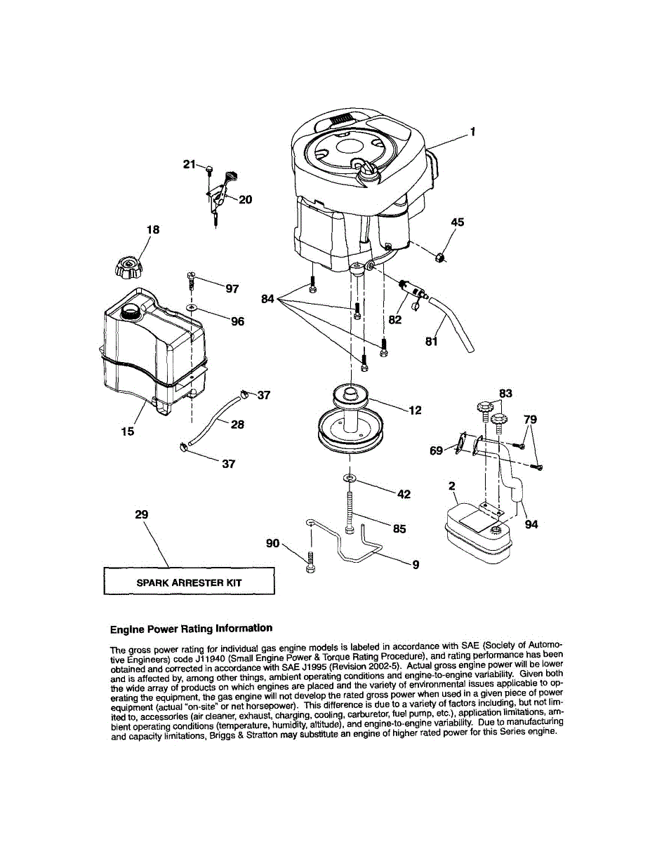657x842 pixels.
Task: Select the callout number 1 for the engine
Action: [473, 131]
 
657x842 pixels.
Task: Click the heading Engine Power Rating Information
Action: [191, 628]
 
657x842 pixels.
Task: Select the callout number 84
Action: [267, 299]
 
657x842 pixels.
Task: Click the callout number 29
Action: [141, 514]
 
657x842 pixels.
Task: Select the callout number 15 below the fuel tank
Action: [127, 432]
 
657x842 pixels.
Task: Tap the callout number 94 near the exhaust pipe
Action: [531, 523]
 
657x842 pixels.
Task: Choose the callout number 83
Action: [505, 394]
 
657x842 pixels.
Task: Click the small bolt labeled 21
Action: [209, 169]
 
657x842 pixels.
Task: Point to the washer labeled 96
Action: [192, 307]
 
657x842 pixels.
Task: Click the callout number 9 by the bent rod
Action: [416, 563]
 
